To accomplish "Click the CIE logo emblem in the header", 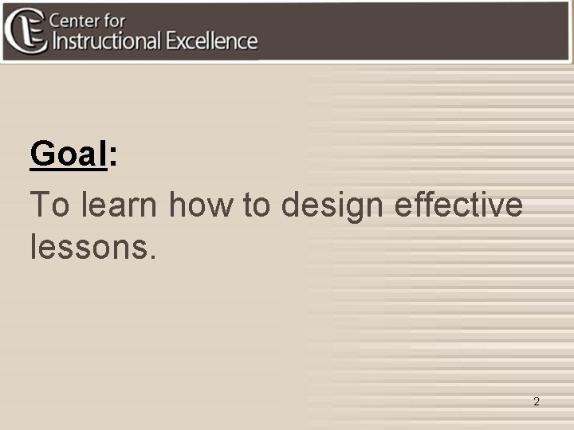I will [x=25, y=30].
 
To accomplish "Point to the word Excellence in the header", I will [x=212, y=41].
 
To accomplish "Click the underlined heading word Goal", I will [x=68, y=154].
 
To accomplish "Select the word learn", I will [x=120, y=205].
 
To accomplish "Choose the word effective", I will [x=459, y=205].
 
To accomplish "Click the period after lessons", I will [x=152, y=256].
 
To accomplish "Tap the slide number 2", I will [x=537, y=402].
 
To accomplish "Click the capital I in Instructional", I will [x=54, y=41].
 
